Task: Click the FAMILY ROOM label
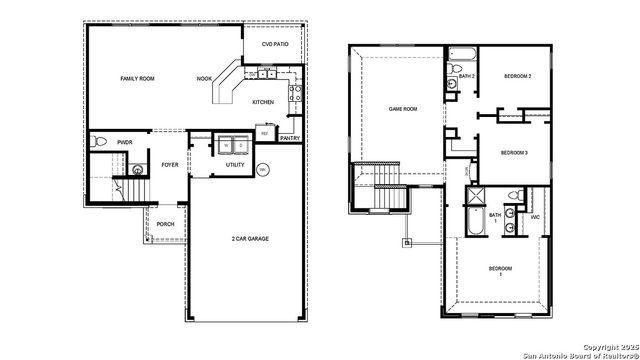click(x=136, y=78)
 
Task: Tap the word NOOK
click(x=204, y=78)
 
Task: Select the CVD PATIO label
click(x=274, y=45)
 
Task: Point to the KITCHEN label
click(x=263, y=102)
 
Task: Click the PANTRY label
click(x=290, y=138)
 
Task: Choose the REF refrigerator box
click(x=265, y=133)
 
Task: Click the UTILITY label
click(x=235, y=165)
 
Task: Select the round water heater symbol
click(x=263, y=169)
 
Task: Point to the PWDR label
click(x=125, y=143)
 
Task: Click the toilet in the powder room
click(x=98, y=144)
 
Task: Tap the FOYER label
click(x=170, y=165)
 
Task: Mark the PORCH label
click(x=165, y=224)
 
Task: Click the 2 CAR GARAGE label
click(x=244, y=239)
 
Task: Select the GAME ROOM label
click(x=402, y=109)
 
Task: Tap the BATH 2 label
click(x=466, y=77)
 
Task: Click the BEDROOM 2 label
click(x=516, y=77)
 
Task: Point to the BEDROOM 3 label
click(x=513, y=152)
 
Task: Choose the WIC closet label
click(x=535, y=216)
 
